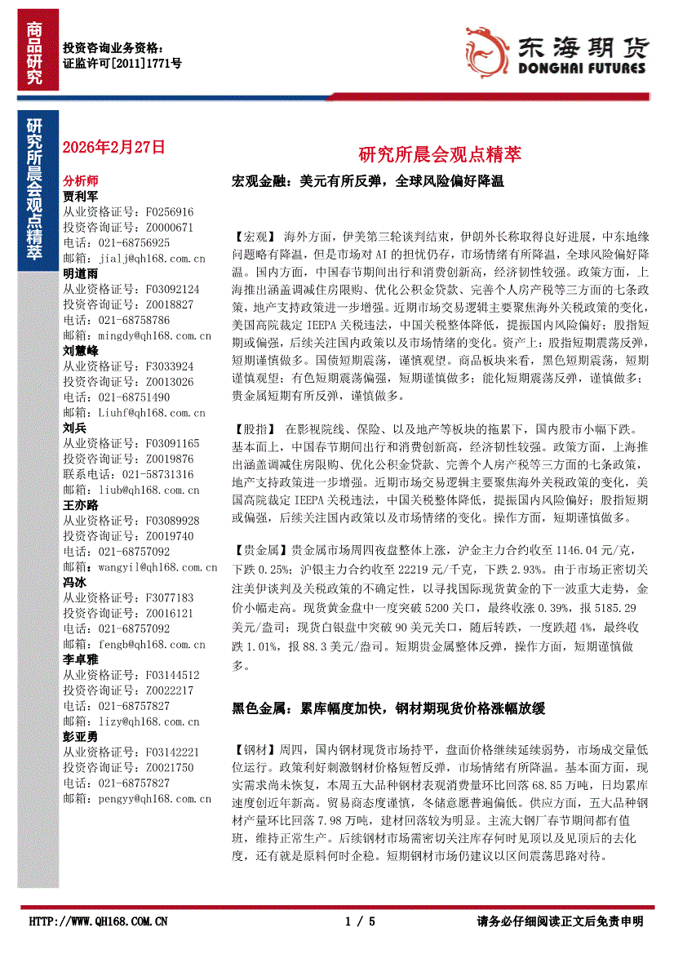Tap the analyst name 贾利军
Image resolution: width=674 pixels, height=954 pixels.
point(80,196)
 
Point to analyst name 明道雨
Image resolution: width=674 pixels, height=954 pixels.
point(80,273)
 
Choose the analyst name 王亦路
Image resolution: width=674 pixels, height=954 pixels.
point(80,504)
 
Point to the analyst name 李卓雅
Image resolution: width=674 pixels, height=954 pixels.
point(80,659)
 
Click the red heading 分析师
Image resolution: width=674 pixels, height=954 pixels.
point(80,180)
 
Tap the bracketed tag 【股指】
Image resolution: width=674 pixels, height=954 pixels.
point(255,428)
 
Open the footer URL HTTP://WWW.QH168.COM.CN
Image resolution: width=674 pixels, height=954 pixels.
point(99,921)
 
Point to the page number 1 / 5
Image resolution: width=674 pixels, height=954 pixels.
point(360,921)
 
